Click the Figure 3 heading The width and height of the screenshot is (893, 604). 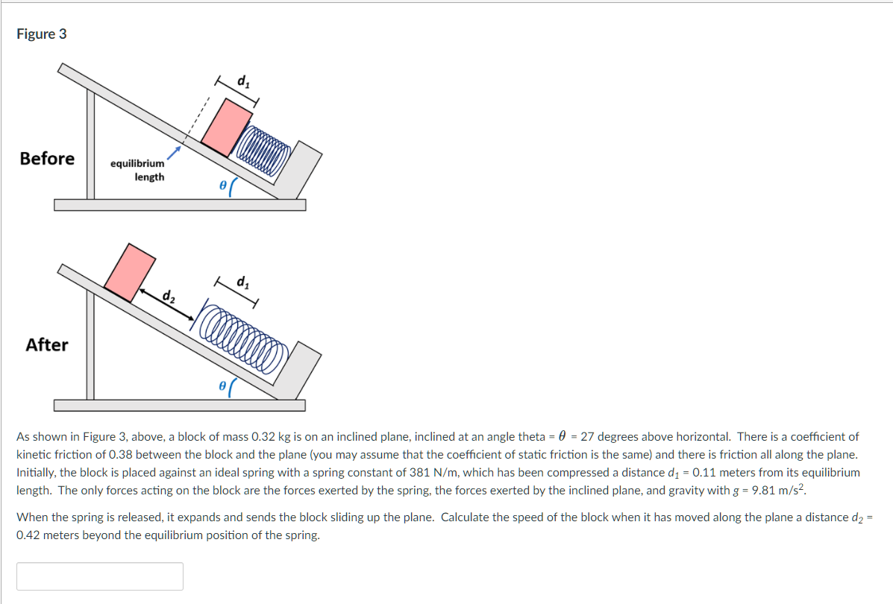tap(42, 34)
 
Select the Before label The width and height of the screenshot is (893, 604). tap(47, 159)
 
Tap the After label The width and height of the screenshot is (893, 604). tap(46, 345)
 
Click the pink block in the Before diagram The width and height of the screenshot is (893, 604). tap(227, 128)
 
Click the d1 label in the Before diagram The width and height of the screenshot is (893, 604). tap(242, 81)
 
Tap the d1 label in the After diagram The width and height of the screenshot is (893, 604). tap(242, 282)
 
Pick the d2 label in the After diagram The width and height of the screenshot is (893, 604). tap(169, 296)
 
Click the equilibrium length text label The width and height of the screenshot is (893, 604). tap(138, 170)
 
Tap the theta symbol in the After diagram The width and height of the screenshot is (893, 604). tap(222, 387)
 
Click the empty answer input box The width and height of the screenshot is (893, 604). tap(100, 576)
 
